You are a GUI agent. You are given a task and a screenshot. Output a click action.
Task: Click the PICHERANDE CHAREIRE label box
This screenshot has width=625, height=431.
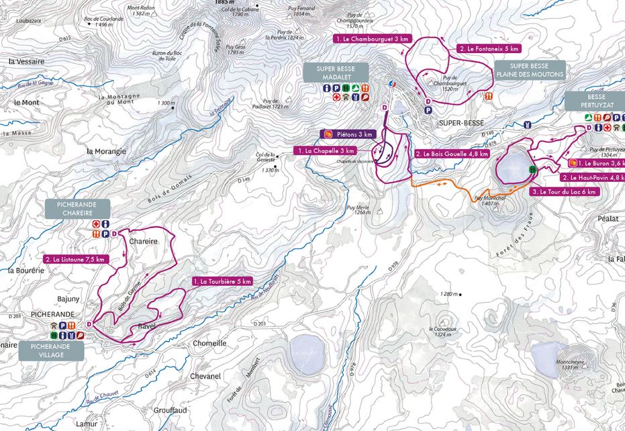click(77, 208)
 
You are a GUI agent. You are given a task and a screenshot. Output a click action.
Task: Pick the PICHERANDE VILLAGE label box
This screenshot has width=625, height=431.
click(52, 350)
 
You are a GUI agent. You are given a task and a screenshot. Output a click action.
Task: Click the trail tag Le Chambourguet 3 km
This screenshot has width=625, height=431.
click(371, 39)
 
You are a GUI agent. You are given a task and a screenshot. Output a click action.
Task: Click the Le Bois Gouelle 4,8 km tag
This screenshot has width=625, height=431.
click(450, 154)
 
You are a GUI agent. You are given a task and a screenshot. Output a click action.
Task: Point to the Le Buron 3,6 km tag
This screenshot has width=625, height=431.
click(596, 163)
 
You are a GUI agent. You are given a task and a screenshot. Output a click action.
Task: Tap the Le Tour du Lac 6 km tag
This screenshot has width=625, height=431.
click(563, 191)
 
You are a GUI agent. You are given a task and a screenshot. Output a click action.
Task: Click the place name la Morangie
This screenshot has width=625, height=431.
click(106, 151)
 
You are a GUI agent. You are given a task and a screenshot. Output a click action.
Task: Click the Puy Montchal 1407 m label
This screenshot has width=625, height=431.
click(489, 201)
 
